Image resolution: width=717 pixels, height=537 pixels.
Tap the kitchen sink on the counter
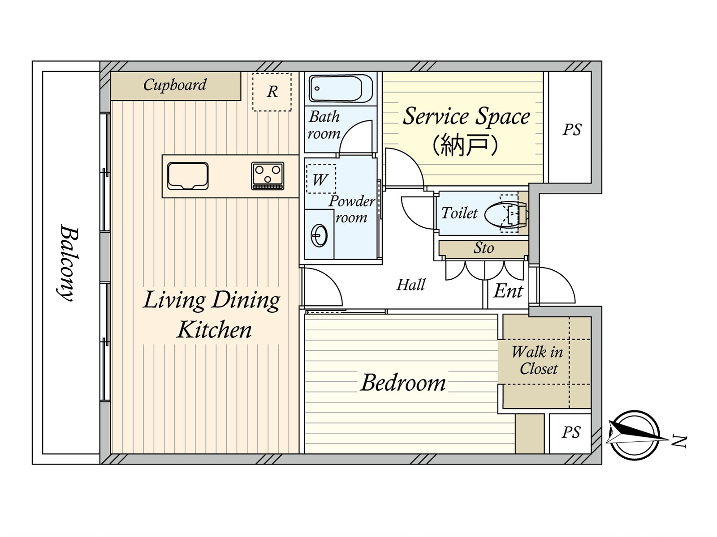point(188,175)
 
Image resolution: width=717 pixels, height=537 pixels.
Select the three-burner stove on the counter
point(268,175)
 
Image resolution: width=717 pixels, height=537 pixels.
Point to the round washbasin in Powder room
point(320,235)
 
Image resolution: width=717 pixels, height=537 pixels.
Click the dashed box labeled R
point(272,92)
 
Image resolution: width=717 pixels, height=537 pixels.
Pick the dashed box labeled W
point(321,179)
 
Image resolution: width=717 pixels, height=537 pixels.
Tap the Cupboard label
point(175,85)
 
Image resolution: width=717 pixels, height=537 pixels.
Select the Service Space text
point(466,116)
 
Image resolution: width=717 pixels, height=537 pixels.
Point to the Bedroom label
point(403,383)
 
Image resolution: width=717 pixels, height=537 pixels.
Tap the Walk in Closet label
point(537,360)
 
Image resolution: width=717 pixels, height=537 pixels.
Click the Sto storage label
point(484,248)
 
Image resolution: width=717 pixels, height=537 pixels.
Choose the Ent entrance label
point(508,291)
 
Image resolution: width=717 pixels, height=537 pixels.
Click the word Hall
point(410,285)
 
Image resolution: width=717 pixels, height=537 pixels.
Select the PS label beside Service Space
point(572,130)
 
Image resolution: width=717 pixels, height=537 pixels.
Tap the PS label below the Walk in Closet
point(571,432)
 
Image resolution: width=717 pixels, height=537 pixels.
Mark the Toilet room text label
point(459,213)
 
